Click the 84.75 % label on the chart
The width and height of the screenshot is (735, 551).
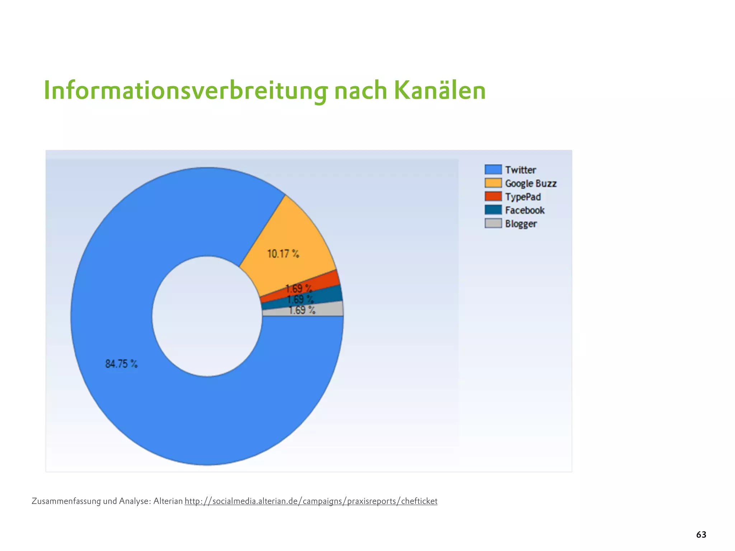(x=121, y=364)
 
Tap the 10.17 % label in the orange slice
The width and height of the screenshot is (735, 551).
(x=283, y=254)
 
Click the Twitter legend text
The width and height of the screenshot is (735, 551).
(x=520, y=170)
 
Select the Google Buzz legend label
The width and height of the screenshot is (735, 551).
(x=530, y=183)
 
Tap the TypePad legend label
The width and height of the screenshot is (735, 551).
(x=523, y=197)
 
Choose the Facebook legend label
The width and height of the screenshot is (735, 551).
(x=525, y=210)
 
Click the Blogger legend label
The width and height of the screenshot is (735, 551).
(x=521, y=224)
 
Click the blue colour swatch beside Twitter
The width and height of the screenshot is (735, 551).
(x=493, y=169)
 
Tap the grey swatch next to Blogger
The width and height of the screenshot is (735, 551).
(x=493, y=223)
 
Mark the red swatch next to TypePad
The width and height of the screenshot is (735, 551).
(x=493, y=196)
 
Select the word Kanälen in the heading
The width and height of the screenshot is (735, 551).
(x=440, y=90)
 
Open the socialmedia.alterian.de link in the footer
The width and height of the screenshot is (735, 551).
(x=311, y=501)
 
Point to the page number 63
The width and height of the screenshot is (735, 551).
(x=701, y=534)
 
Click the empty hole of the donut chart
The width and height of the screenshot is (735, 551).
(x=207, y=316)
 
